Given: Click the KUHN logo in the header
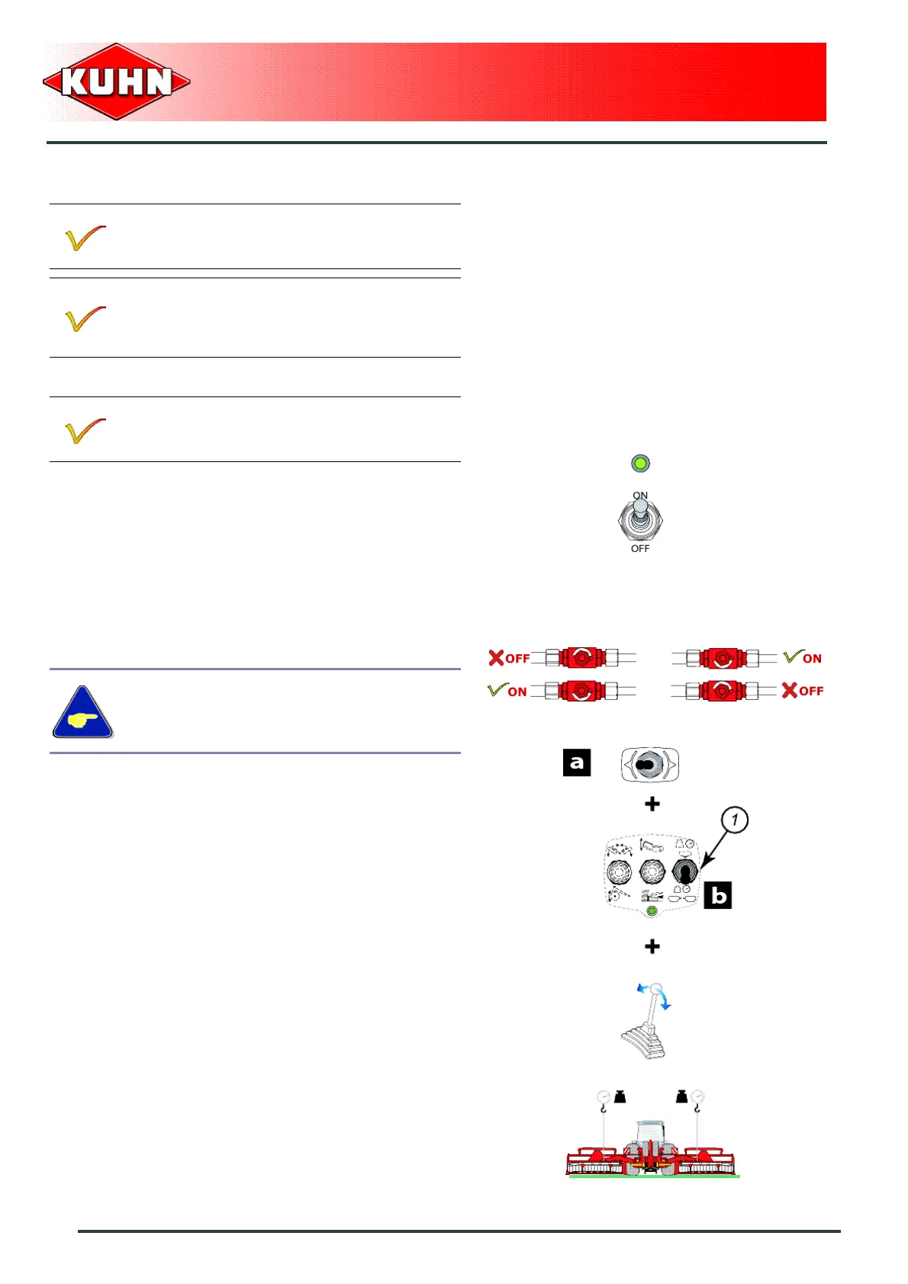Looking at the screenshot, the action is coord(117,82).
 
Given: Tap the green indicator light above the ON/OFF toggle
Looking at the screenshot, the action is coord(640,463).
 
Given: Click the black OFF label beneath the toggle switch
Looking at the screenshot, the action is coord(640,549).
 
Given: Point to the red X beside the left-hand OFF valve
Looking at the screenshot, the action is coord(496,658).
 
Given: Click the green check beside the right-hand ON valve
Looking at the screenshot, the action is coord(793,656).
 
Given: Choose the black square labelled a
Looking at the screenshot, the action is coord(577,762).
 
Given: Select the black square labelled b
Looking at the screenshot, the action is coord(718,895).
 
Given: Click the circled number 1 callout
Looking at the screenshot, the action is coord(734,820).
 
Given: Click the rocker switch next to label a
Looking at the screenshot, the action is coord(649,765).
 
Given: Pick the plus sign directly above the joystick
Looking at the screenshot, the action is coord(652,946).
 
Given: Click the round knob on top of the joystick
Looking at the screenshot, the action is coord(656,989).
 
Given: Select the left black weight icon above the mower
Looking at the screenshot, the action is coord(620,1097).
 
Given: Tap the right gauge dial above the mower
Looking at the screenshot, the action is coord(697,1097).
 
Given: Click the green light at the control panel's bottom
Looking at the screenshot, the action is coord(652,910).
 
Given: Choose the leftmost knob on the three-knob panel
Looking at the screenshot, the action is coord(619,872).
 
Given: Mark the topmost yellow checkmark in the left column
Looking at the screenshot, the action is coord(85,238).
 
